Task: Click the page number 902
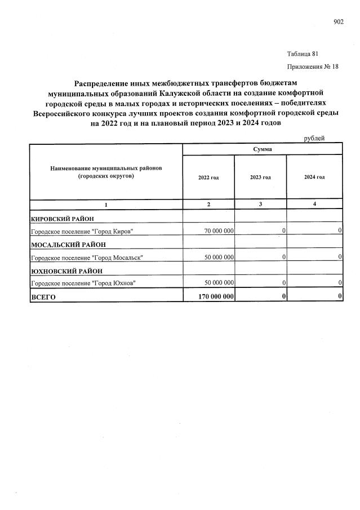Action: [338, 22]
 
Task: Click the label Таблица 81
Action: [303, 54]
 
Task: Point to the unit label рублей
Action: [314, 139]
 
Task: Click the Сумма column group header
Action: [263, 149]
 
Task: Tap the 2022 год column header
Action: [208, 177]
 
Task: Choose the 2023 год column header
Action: [260, 177]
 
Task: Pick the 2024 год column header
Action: [314, 177]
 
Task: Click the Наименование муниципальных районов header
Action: [106, 172]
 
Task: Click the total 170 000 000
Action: [213, 296]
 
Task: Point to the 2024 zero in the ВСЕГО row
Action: [340, 296]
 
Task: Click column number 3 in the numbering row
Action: [260, 204]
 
